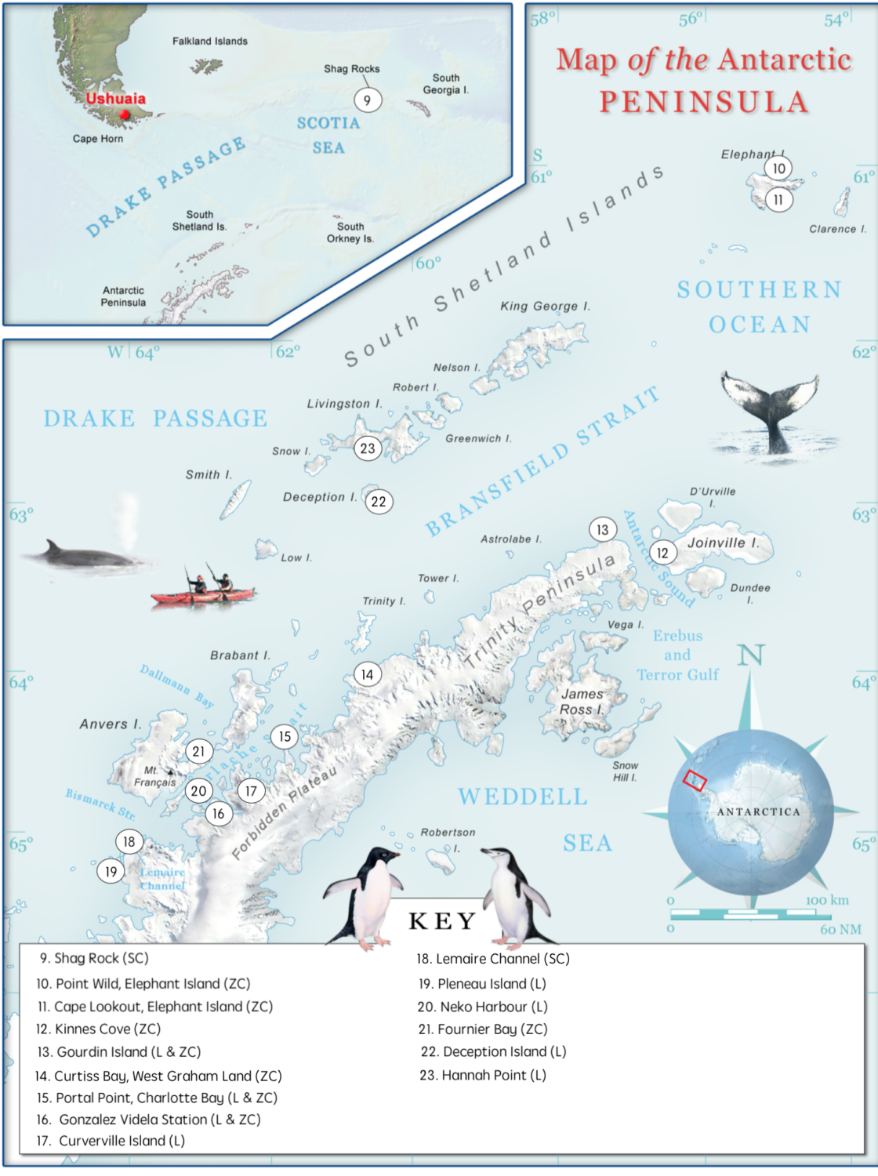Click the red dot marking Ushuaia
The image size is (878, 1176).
pos(124,114)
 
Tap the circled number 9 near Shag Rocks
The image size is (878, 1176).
pos(367,100)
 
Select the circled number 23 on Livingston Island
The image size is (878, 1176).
pos(368,448)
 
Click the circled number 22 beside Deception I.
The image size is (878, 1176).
pos(379,502)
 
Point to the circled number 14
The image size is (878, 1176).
pos(368,674)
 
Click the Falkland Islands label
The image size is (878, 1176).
pos(209,42)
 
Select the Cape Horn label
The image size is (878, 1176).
pos(98,139)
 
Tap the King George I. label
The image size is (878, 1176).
pos(545,307)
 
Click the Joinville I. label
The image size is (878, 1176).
pos(723,543)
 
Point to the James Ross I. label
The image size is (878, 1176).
pos(582,702)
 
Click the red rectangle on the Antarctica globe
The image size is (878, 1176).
pos(695,780)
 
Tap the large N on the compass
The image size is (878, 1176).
pos(751,655)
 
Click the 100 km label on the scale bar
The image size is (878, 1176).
pos(827,901)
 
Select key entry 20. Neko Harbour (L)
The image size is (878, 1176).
pos(482,1007)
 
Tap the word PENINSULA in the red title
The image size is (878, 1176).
pos(703,102)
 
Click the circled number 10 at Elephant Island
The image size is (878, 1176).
pos(778,169)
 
